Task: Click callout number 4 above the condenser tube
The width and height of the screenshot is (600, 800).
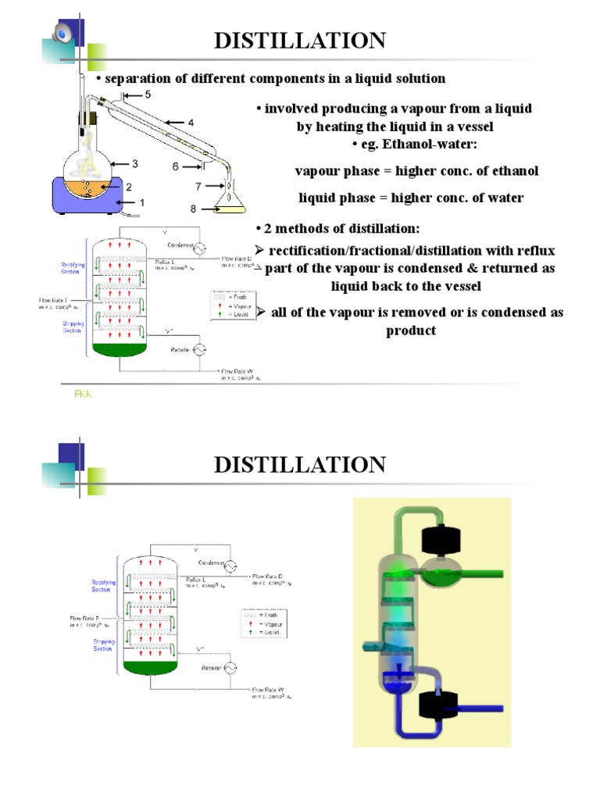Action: [190, 123]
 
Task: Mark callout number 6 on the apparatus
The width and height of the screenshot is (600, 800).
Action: [176, 166]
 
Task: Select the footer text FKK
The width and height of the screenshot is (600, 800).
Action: [83, 395]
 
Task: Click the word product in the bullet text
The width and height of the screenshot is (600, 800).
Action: [410, 330]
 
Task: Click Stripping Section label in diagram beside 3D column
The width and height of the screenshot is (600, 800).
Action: [104, 645]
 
